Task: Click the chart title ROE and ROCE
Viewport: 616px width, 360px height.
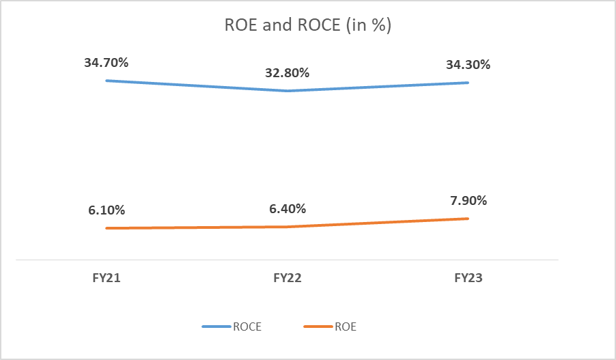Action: point(307,26)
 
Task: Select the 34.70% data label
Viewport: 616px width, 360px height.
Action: point(106,63)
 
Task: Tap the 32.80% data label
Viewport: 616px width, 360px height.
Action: point(287,73)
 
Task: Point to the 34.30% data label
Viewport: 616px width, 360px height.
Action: point(468,65)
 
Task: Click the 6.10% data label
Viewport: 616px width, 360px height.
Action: point(106,210)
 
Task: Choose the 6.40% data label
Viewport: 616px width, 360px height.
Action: point(287,209)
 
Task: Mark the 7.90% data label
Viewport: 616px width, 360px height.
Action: point(468,201)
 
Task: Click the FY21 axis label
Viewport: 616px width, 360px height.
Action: point(106,278)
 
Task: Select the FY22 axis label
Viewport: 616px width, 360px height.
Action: point(288,278)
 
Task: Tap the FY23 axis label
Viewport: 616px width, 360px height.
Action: point(468,278)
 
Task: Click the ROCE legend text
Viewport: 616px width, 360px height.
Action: point(247,327)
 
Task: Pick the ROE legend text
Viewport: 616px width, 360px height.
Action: point(346,327)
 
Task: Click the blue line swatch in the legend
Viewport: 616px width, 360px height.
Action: point(217,327)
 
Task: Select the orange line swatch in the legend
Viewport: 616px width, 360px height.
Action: point(318,327)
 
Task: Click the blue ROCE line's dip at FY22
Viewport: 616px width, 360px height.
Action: point(288,90)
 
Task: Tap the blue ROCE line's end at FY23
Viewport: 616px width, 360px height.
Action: point(468,83)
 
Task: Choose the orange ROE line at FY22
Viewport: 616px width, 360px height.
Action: point(288,226)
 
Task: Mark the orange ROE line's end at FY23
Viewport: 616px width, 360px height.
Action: point(468,219)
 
